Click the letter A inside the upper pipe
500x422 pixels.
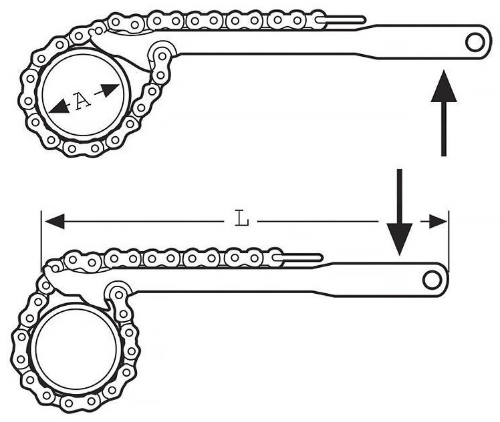[x=83, y=100]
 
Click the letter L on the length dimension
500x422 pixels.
[x=242, y=218]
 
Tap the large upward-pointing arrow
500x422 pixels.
[x=444, y=113]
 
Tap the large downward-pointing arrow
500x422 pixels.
[x=399, y=212]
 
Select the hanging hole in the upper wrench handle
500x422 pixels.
[x=475, y=42]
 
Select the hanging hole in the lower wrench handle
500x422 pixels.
[x=432, y=280]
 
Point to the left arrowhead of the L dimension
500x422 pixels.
[x=55, y=222]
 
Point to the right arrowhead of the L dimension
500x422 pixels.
[x=437, y=222]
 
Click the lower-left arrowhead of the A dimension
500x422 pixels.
[x=59, y=107]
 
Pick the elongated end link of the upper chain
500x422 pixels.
[x=340, y=20]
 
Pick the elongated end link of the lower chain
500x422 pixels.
[x=298, y=257]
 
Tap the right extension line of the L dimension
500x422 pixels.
[x=449, y=240]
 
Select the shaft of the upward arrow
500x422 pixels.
[x=444, y=129]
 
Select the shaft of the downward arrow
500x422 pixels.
[x=399, y=196]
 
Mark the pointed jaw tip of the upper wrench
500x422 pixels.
[x=149, y=71]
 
